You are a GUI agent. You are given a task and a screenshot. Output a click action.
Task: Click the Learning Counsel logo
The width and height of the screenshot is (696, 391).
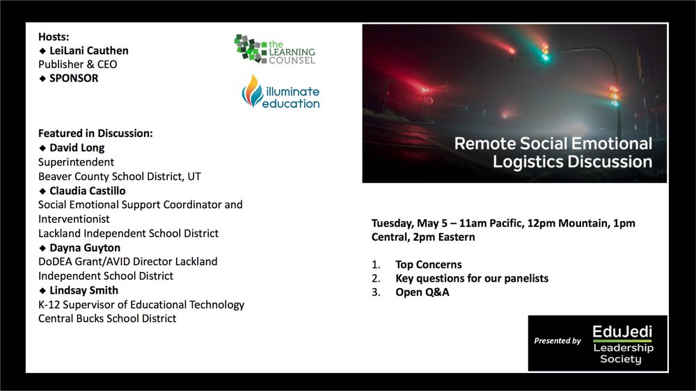pos(275,49)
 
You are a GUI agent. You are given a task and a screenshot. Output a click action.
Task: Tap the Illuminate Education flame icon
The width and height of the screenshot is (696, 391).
pos(253,91)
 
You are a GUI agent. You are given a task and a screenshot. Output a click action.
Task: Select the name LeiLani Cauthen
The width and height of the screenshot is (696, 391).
pos(89,51)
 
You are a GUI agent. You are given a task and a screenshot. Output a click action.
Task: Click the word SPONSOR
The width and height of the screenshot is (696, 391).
pos(74,78)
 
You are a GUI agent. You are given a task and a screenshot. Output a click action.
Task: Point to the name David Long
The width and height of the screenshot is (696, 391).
pos(77,147)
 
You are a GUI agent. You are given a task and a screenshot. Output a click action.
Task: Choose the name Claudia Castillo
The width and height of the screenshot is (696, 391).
pos(88,191)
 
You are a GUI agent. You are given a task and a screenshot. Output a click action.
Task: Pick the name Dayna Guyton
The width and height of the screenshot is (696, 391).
pos(85,248)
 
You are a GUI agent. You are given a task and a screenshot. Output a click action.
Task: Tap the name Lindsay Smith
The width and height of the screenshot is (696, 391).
pos(84,290)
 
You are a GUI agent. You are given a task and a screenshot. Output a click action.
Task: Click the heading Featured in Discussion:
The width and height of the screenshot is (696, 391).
pos(95,133)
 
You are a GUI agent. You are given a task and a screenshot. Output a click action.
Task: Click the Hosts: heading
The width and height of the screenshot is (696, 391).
pos(54,37)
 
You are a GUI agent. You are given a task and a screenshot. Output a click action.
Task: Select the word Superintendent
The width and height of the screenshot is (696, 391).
pos(76,162)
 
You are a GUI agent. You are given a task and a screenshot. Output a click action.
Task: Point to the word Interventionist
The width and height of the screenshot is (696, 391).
pos(74,218)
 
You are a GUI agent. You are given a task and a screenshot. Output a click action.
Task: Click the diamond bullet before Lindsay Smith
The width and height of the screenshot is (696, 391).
pos(42,291)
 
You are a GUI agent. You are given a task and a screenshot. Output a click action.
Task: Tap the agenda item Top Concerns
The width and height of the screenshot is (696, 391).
pos(428,264)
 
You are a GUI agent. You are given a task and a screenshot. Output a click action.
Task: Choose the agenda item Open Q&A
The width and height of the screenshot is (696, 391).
pos(422,292)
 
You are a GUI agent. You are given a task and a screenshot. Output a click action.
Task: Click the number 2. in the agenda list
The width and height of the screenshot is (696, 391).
pos(376,278)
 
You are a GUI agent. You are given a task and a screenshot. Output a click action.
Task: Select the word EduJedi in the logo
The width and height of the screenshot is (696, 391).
pos(622,332)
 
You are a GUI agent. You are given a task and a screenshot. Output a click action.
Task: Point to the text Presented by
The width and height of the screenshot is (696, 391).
pos(557,341)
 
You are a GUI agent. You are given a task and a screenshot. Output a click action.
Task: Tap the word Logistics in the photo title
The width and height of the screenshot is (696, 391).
pos(528,161)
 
